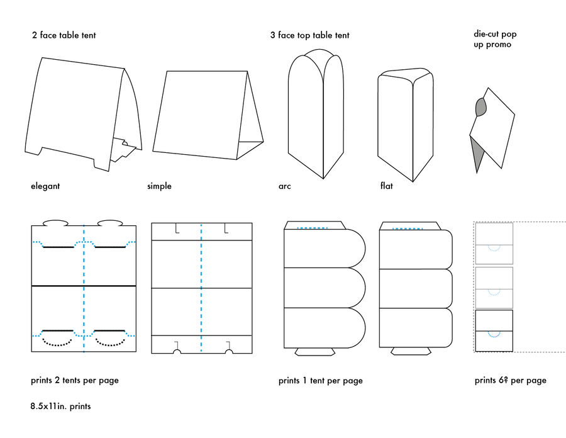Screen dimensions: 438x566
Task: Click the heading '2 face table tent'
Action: (64, 35)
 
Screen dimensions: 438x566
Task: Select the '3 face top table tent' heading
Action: (309, 35)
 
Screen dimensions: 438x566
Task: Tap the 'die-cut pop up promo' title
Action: (495, 39)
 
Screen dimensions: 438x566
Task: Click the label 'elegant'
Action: (45, 186)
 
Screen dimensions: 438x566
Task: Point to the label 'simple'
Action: (159, 186)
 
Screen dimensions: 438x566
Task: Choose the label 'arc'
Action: (285, 186)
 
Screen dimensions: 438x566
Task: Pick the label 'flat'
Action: (387, 186)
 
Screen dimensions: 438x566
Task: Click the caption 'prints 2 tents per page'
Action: (74, 380)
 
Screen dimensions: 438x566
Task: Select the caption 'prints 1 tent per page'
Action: (320, 381)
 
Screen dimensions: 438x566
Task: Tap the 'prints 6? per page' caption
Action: (511, 380)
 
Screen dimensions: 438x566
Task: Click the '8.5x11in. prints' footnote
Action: (60, 407)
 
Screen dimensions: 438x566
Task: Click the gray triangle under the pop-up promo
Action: (477, 155)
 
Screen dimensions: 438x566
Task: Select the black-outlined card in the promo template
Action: (494, 331)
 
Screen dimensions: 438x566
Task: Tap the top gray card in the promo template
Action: (494, 244)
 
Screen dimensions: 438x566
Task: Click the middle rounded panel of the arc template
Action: (324, 288)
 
